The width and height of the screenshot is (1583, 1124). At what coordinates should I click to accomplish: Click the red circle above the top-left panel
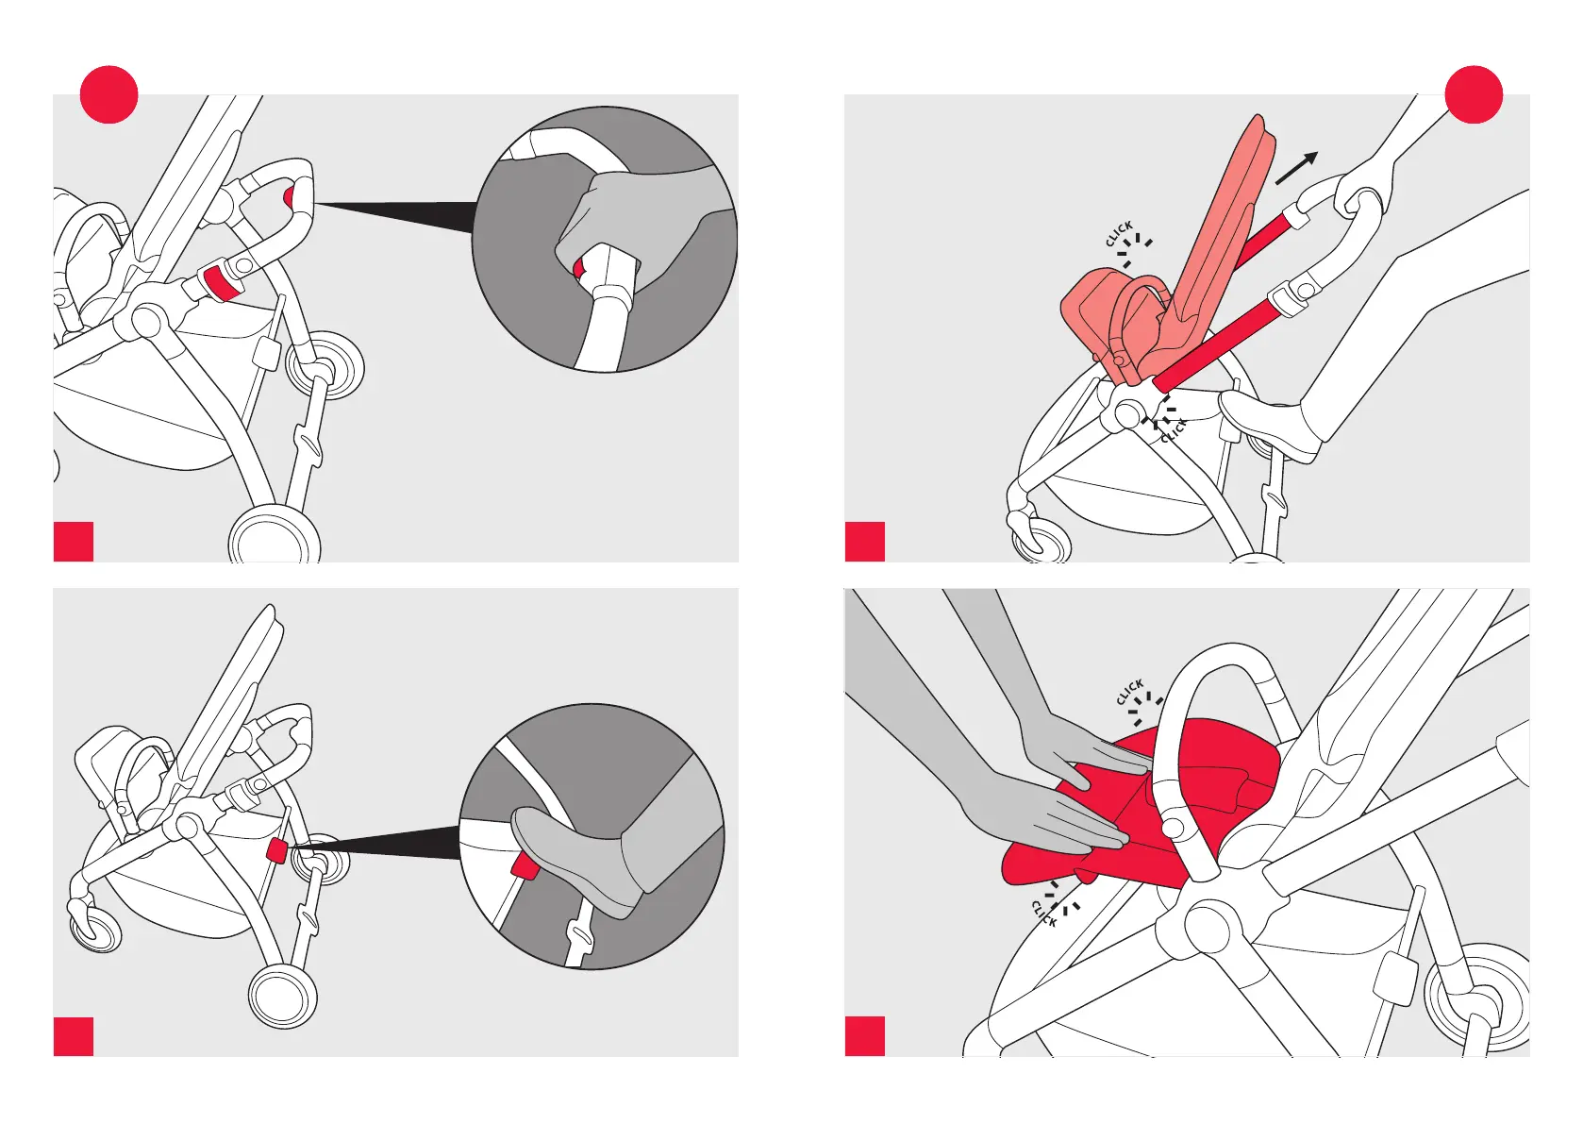[x=108, y=94]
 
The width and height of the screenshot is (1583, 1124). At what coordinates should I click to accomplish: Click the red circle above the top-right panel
[x=1474, y=94]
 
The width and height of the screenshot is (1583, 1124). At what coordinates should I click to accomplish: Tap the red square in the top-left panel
[x=74, y=542]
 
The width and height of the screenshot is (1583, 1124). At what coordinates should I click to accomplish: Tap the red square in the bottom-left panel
[x=74, y=1036]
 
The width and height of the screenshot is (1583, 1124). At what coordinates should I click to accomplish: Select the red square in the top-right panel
[x=865, y=542]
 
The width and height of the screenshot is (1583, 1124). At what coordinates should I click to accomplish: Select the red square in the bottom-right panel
[x=865, y=1036]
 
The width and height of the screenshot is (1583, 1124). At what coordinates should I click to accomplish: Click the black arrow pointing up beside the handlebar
[x=1297, y=168]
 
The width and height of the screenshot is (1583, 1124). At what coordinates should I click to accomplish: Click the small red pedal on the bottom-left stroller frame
[x=275, y=850]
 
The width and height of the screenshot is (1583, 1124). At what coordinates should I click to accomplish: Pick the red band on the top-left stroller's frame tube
[x=219, y=282]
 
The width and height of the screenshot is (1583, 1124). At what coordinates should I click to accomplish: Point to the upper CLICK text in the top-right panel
[x=1119, y=233]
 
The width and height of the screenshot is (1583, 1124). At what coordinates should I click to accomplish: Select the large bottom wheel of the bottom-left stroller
[x=283, y=996]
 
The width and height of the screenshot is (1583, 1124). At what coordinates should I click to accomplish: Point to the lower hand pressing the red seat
[x=1046, y=813]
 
